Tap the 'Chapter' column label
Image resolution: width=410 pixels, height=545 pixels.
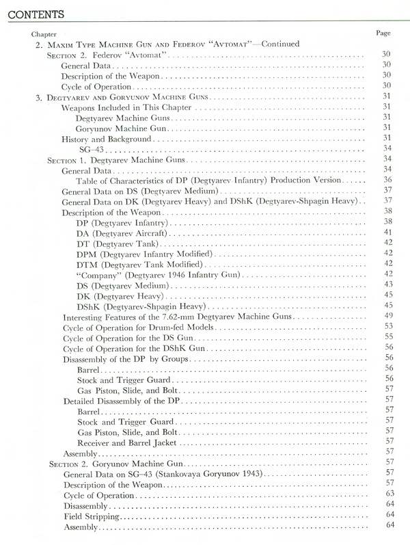point(44,34)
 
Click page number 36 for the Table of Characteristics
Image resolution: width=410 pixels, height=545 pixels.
point(387,179)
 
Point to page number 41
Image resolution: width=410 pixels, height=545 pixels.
point(387,232)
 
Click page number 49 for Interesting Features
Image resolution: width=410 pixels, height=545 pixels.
point(387,317)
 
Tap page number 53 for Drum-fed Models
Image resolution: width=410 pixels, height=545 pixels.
point(387,328)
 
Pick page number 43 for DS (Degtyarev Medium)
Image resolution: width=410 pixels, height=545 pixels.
point(387,285)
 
